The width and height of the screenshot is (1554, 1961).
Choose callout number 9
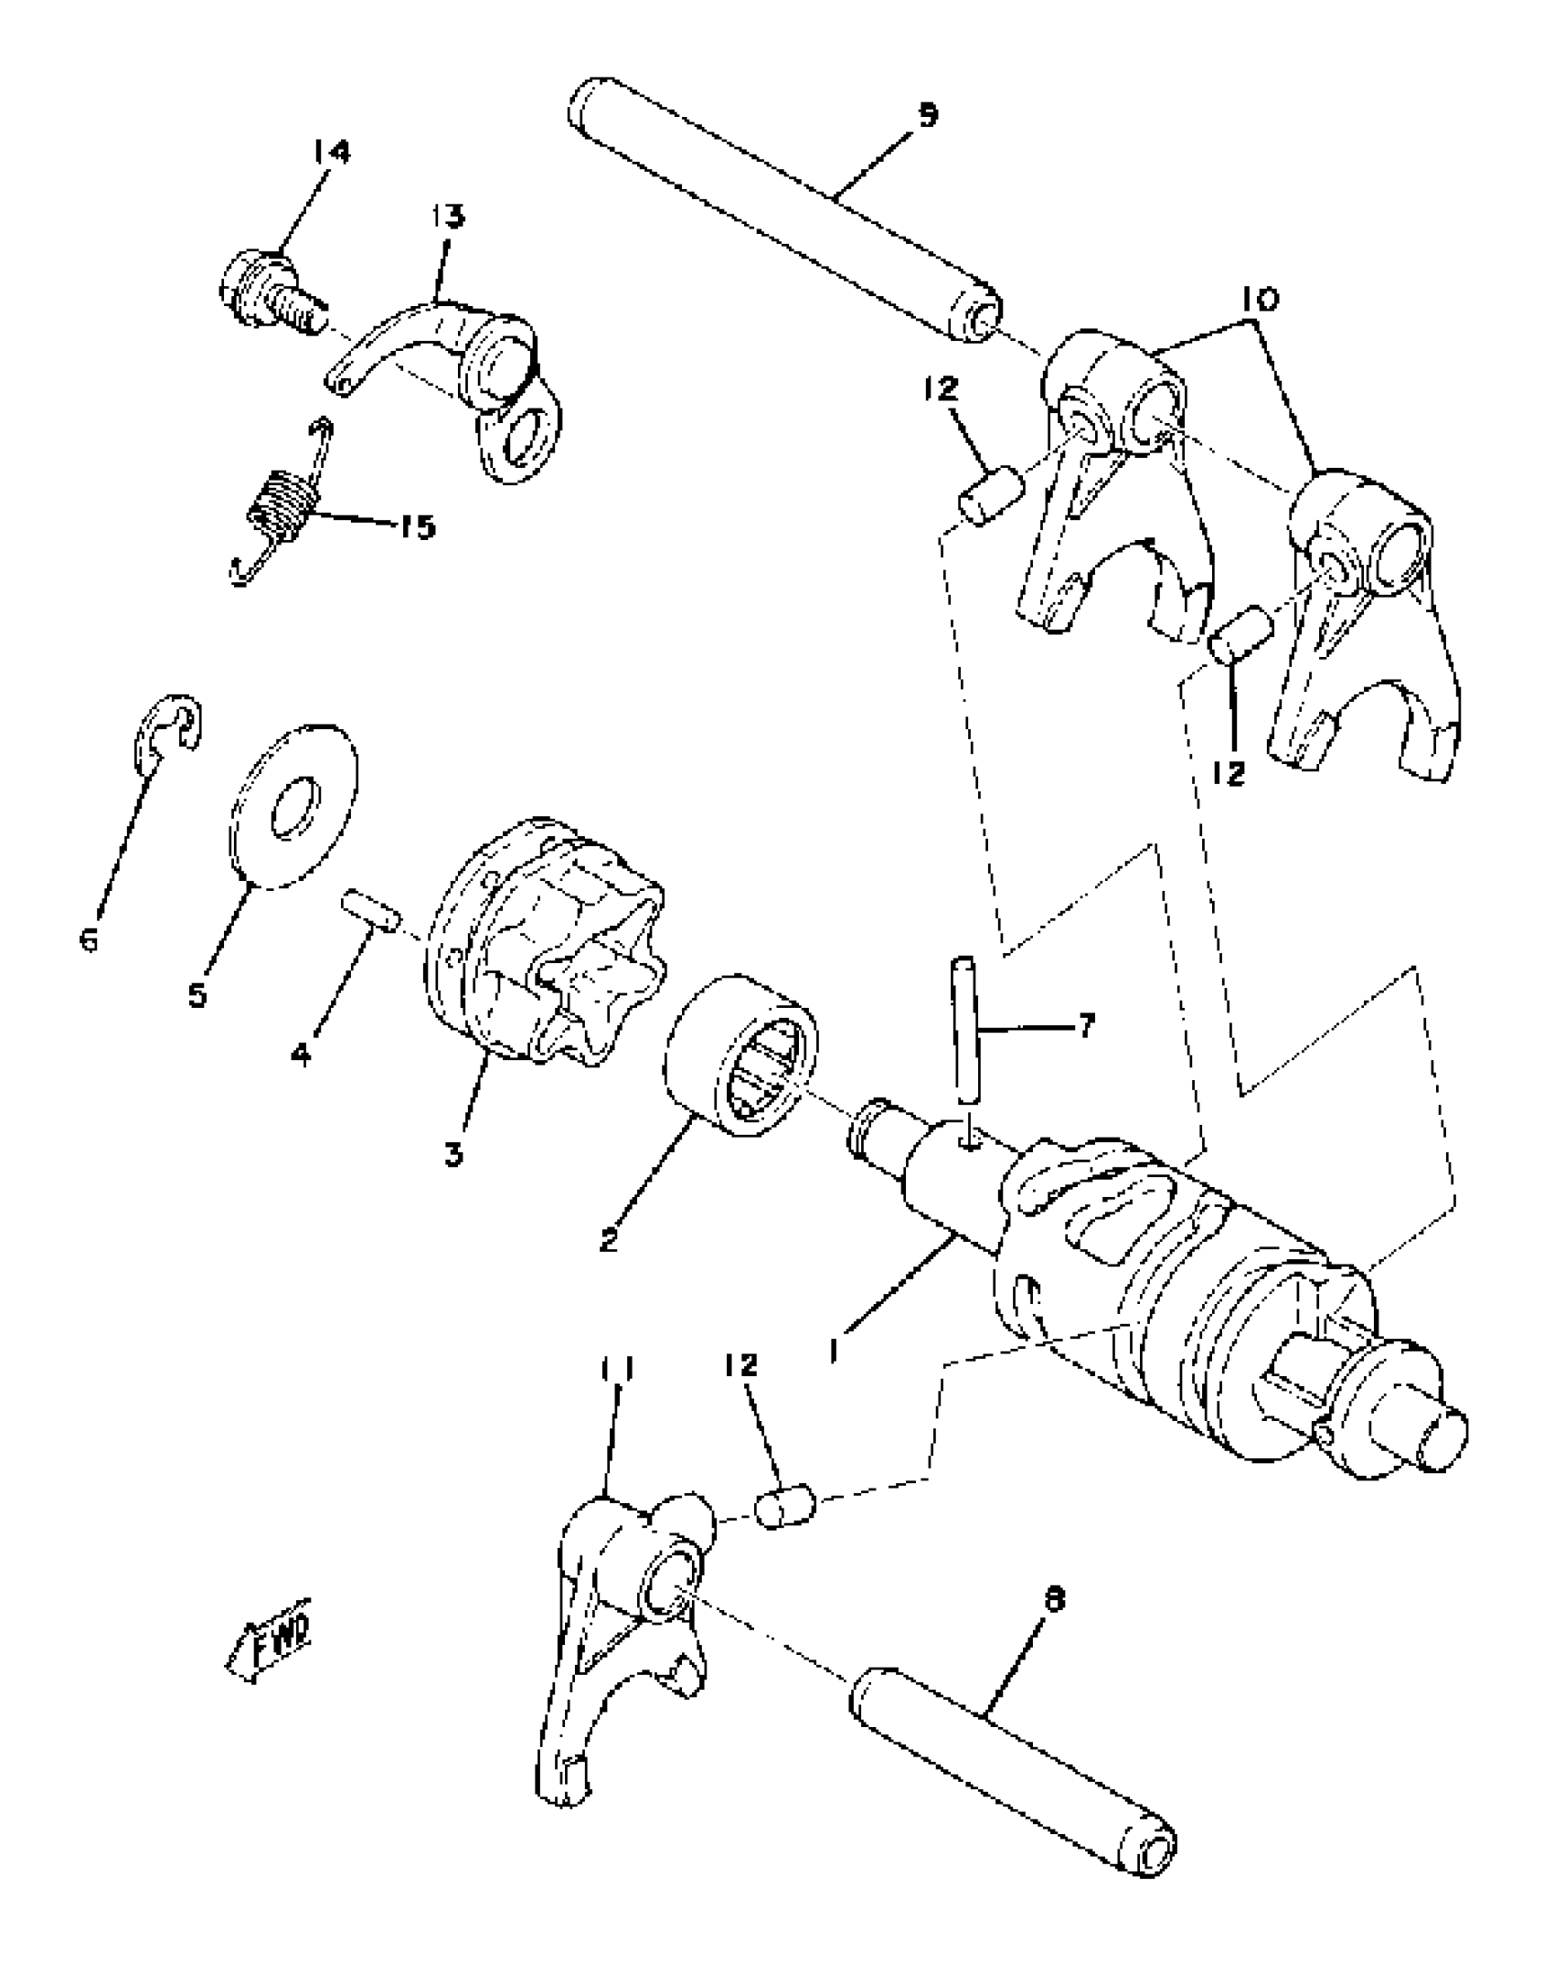tap(928, 117)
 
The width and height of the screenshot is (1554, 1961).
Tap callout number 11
tap(618, 1397)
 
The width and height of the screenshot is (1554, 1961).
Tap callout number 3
tap(454, 1154)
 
